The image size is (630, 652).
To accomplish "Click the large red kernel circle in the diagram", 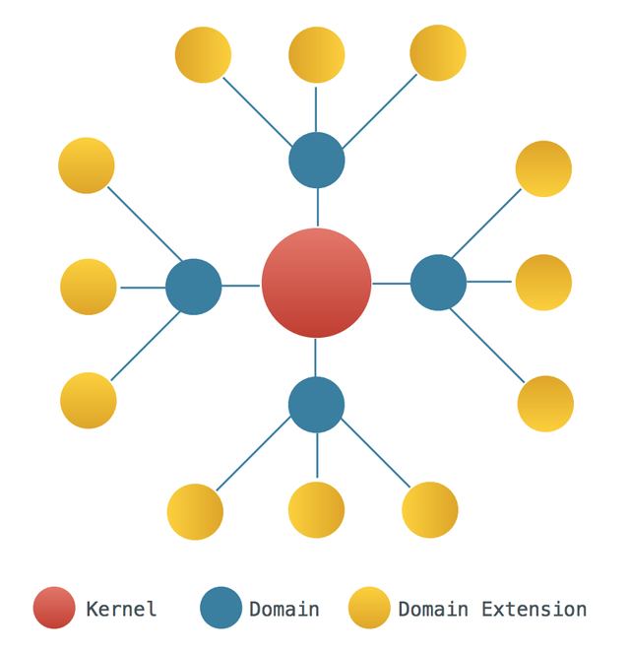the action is [x=316, y=283].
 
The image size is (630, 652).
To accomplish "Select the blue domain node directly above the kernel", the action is [x=317, y=161].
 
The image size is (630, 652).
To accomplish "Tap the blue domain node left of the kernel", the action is [x=194, y=287].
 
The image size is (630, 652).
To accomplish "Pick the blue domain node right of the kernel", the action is [x=438, y=283].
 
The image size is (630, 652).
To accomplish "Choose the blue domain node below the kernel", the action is [x=316, y=405].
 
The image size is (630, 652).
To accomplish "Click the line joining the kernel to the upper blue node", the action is [x=318, y=208].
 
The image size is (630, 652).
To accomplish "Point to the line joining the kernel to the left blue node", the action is [x=240, y=286].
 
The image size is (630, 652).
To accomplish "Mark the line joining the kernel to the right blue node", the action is [x=392, y=284].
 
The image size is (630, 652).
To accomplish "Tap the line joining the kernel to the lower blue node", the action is [x=315, y=358].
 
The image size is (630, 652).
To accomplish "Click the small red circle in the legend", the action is [x=54, y=608].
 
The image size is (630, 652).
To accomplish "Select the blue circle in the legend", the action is [x=221, y=608].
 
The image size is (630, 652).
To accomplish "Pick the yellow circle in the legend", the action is [x=369, y=608].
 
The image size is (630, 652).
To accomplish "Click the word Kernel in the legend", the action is [x=121, y=610].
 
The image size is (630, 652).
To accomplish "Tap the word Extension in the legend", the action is [x=534, y=610].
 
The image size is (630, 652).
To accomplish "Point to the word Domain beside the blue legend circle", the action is [x=284, y=610].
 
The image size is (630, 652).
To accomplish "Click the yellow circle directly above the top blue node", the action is [x=317, y=55].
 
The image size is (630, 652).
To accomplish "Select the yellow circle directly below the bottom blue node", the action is [x=316, y=510].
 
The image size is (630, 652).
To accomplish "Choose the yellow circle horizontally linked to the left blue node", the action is [x=89, y=287].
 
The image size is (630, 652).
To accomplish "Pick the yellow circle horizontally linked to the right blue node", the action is [x=543, y=283].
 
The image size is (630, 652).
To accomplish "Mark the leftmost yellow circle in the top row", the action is [x=203, y=55].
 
